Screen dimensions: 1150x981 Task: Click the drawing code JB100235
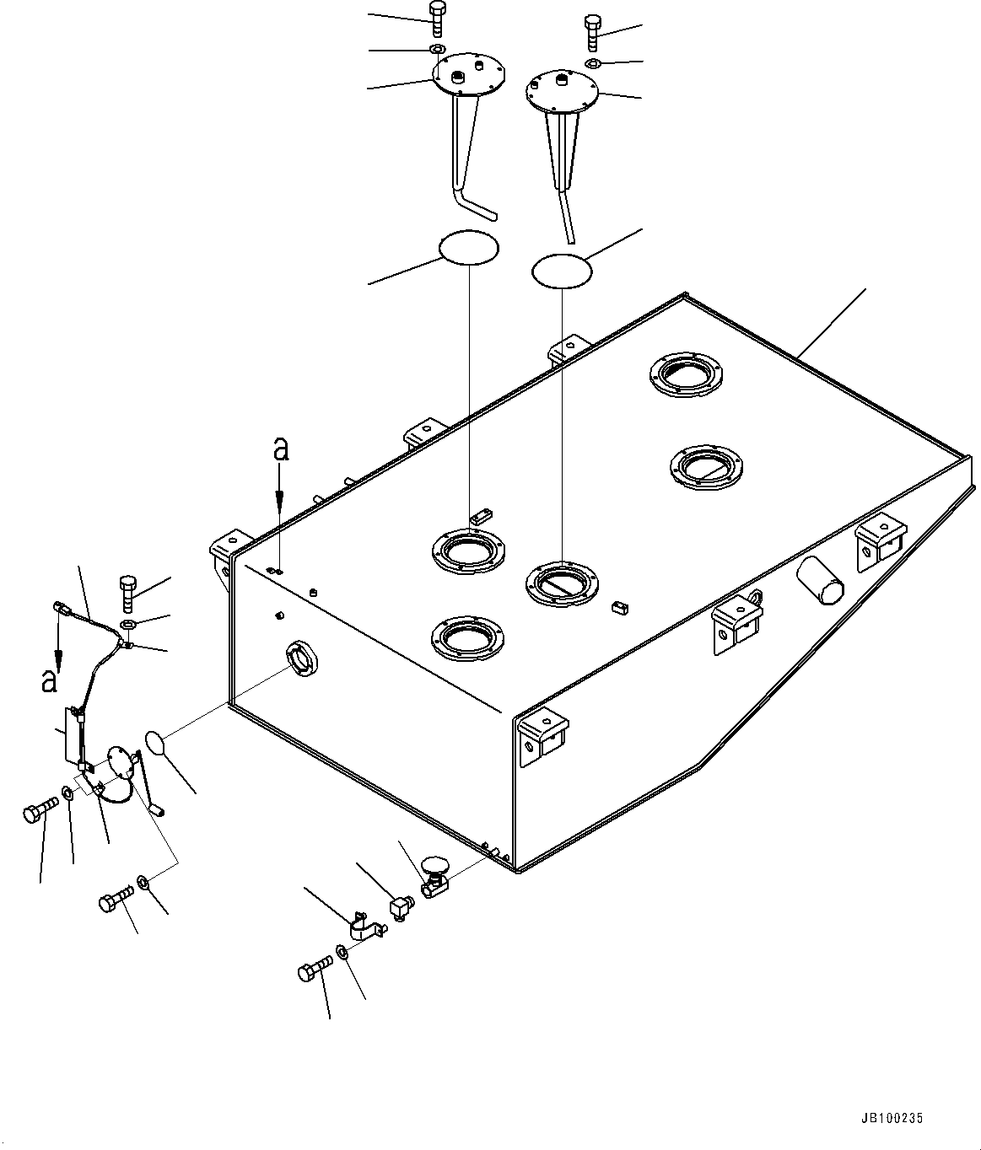coord(892,1119)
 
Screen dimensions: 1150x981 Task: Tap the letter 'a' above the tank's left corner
coord(281,450)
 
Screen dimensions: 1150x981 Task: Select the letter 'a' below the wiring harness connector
coord(51,679)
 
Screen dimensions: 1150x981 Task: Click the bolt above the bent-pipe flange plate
coord(436,18)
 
